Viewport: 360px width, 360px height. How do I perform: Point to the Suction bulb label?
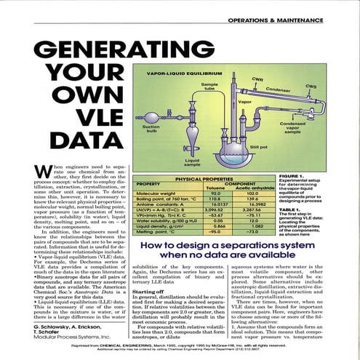click(x=148, y=127)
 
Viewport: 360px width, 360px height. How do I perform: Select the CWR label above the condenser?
click(x=257, y=78)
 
